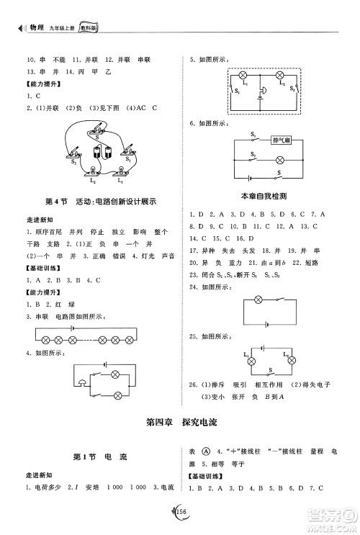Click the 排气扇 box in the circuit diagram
[282, 140]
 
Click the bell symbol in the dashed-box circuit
[262, 90]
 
